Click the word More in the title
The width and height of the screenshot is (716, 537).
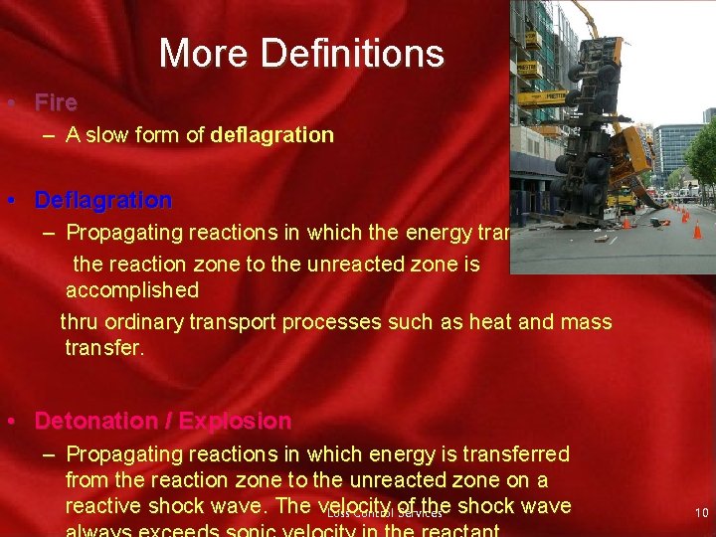coord(201,53)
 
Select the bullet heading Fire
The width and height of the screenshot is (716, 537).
coord(56,102)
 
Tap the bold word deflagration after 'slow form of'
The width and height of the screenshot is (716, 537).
coord(272,135)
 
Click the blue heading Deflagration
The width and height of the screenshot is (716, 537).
coord(103,200)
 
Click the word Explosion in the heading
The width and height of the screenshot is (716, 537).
coord(235,421)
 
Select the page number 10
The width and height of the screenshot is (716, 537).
coord(701,512)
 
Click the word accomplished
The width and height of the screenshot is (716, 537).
coord(132,290)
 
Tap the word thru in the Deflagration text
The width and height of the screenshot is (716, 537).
coord(80,322)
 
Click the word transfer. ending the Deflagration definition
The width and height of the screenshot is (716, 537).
coord(104,347)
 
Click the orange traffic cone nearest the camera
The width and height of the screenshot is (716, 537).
coord(697,231)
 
